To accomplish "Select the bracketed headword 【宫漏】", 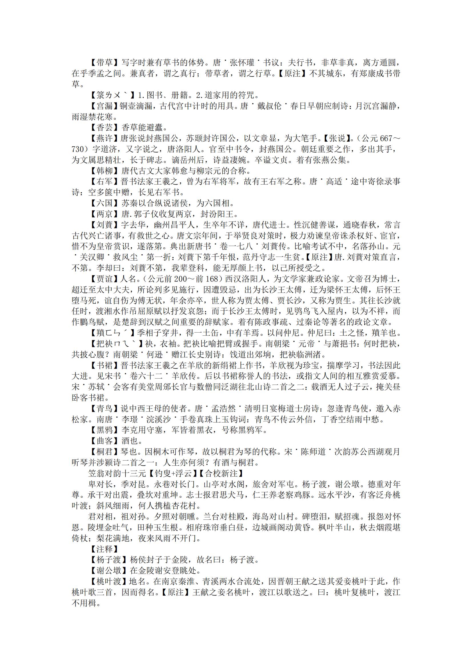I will [104, 106].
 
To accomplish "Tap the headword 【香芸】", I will [104, 127].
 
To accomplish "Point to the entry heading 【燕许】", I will [104, 138].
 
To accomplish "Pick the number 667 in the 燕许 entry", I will [386, 138].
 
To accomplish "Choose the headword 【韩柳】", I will [104, 171].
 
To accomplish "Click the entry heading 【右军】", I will [104, 181].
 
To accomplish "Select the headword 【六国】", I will [104, 203].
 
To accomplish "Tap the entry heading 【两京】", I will [104, 214].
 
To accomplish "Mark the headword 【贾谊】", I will [104, 279].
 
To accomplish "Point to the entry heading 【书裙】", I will [104, 365].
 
